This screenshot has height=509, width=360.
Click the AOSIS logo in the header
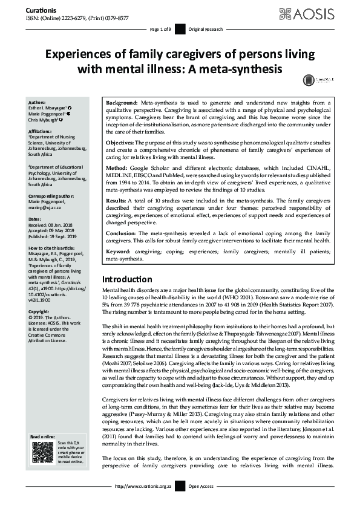(323, 13)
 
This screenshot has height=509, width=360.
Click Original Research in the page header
(206, 29)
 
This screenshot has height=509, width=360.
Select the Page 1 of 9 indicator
(160, 29)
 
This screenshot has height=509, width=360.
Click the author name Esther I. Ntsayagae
(50, 108)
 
